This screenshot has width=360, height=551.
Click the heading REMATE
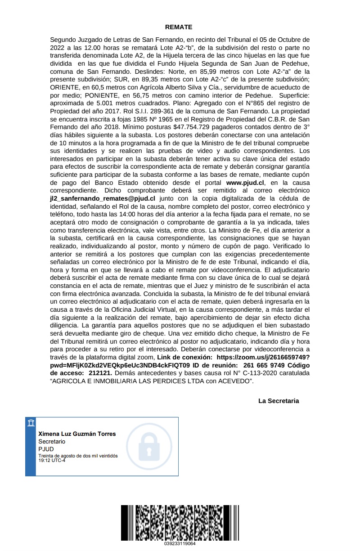coord(179,27)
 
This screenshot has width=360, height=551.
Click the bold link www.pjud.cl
coord(245,183)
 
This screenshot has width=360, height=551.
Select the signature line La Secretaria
coord(279,401)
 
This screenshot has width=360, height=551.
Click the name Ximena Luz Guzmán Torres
coord(77,434)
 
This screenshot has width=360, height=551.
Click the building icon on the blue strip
coord(31,423)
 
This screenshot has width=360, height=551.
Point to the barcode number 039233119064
coord(180,543)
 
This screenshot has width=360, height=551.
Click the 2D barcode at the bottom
coord(180,522)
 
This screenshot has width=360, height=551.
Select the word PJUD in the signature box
coord(45,449)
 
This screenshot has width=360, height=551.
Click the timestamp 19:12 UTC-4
coord(52,460)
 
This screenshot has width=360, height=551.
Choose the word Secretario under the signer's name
coord(52,442)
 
